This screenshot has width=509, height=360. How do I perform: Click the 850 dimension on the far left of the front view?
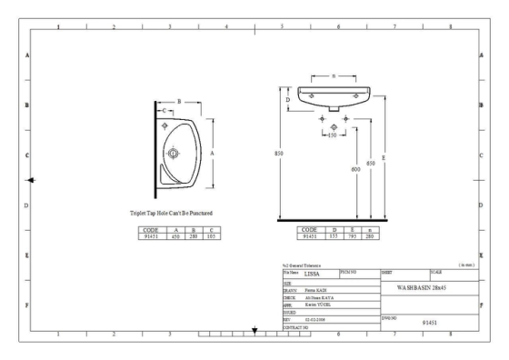(279, 153)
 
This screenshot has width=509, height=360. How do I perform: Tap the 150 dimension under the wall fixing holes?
(332, 135)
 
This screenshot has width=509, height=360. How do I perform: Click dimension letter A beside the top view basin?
(213, 154)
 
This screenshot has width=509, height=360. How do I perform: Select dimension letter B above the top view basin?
(179, 101)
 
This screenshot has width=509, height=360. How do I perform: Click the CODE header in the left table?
(151, 230)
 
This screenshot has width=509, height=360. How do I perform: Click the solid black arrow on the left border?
(32, 180)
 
